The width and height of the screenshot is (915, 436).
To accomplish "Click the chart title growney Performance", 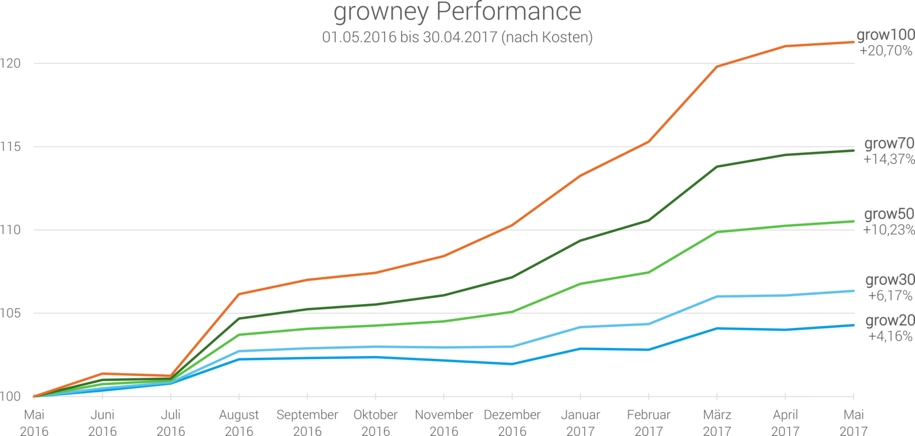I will point(457,12).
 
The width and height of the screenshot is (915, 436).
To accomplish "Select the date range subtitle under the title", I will point(457,37).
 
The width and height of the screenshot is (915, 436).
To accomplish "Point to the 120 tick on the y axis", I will point(11,63).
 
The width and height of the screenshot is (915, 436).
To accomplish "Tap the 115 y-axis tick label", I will point(11,147).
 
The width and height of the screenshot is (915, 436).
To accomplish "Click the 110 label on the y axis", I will point(11,230).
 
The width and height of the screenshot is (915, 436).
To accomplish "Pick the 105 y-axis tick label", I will point(11,313).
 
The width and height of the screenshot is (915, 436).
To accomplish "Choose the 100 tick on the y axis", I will point(11,396).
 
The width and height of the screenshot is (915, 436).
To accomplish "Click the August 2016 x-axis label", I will point(239,422).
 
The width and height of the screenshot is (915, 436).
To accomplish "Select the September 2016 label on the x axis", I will point(307,422).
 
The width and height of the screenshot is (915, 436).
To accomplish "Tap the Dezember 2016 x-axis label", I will point(512,422).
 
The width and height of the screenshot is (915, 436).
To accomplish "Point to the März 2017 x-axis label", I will point(717,422).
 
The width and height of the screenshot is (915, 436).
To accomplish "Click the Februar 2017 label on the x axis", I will point(649,422).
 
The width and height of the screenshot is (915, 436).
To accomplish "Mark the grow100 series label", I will point(885,35).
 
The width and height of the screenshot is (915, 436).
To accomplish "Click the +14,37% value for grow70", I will point(888,159).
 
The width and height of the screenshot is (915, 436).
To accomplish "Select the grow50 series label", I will point(889,214).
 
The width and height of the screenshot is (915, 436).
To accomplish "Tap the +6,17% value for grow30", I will point(890,295).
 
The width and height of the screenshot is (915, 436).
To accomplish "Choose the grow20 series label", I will point(889,321).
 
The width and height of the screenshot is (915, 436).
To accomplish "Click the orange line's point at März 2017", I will point(717,66).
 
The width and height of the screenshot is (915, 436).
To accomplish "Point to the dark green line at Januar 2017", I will point(581,240).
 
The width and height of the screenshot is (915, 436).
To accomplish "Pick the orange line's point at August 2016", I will point(239,294).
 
